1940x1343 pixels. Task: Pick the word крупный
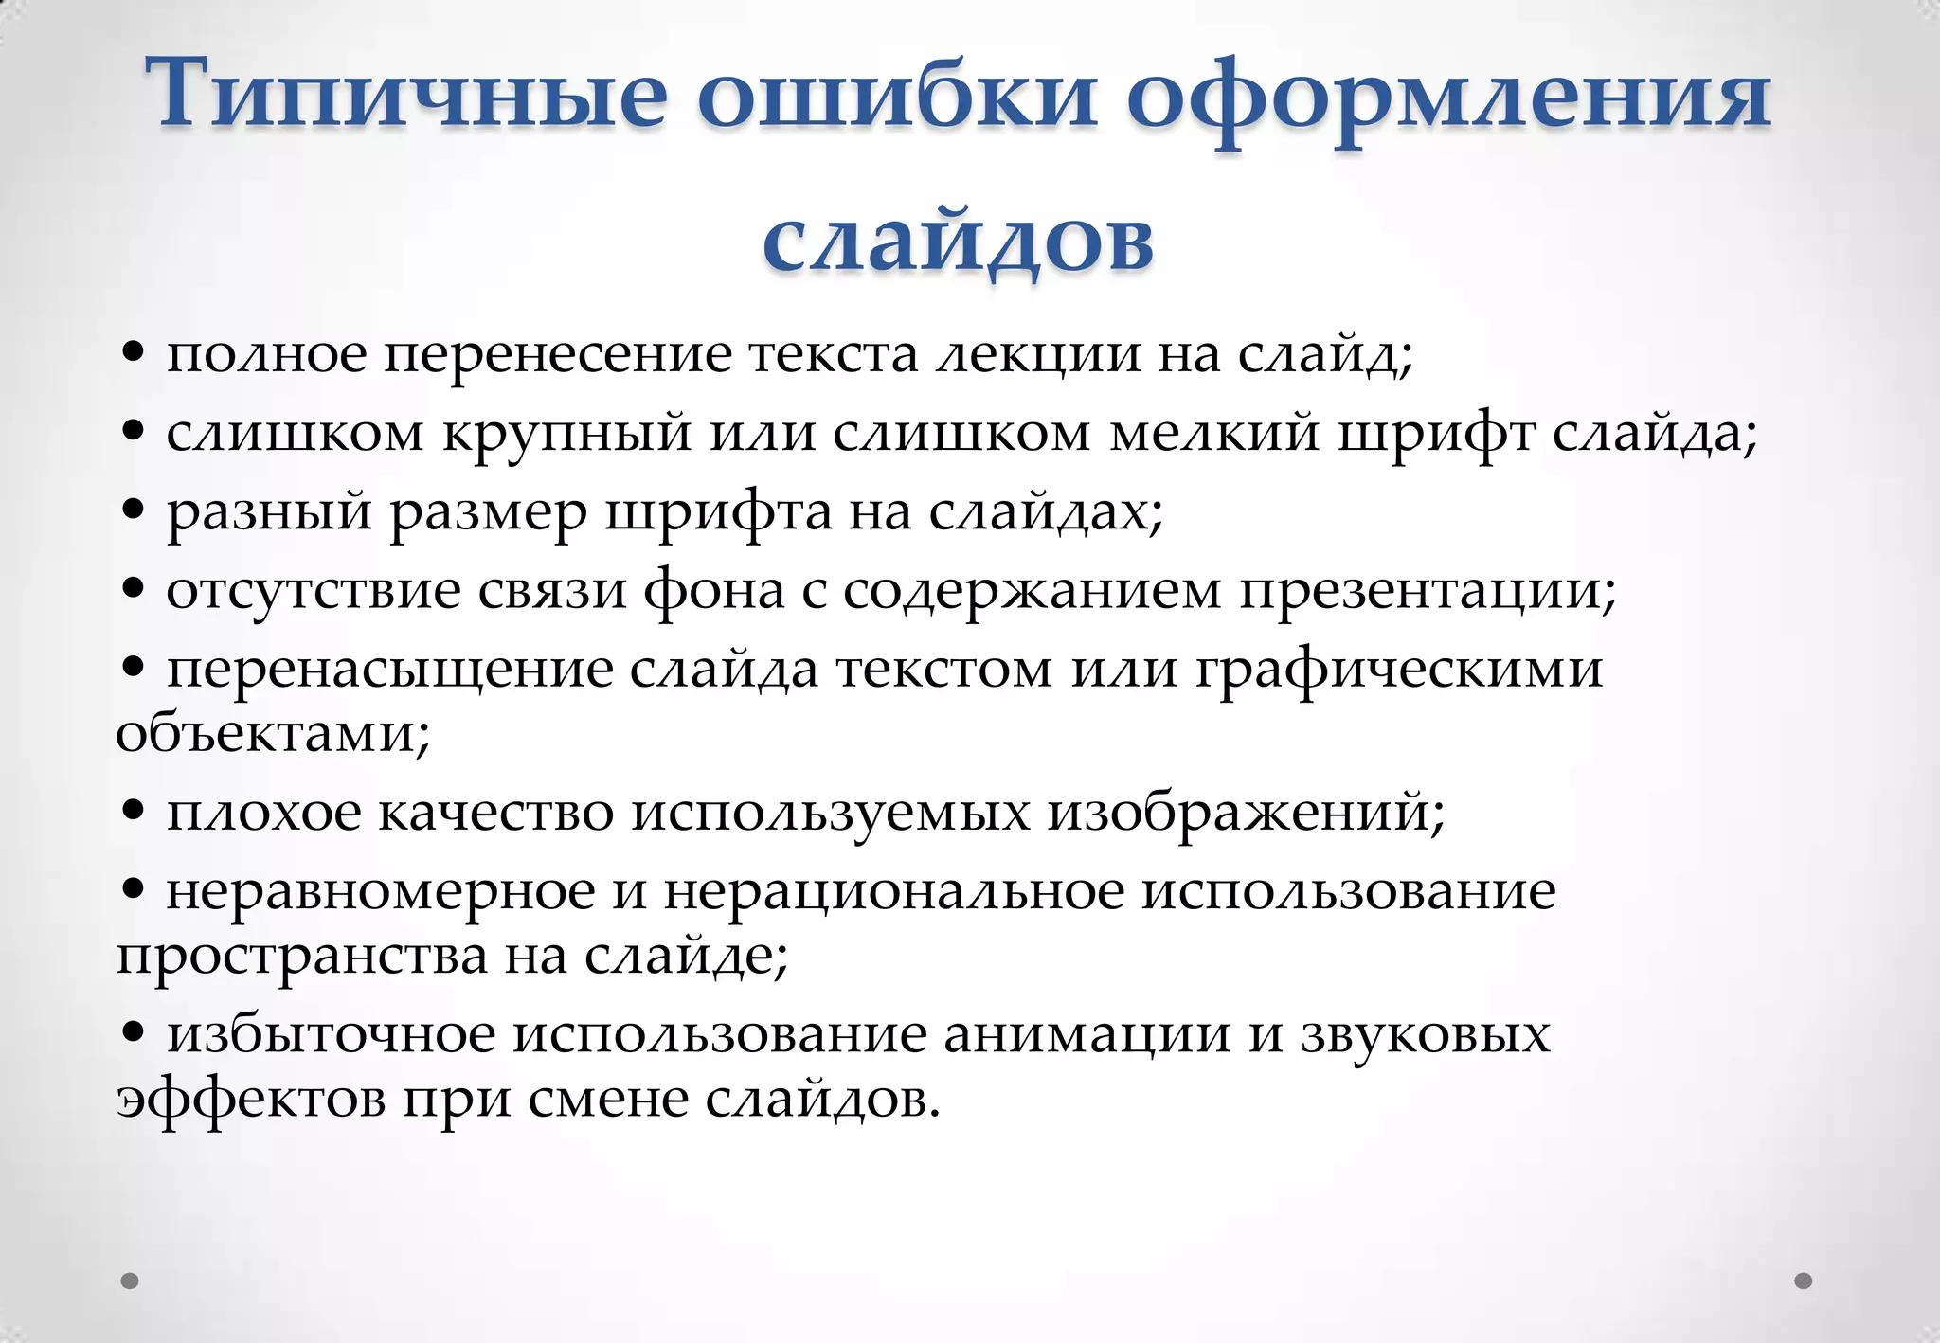(567, 434)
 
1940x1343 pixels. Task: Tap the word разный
(270, 512)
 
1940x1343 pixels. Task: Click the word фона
(714, 591)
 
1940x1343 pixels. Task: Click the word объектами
(273, 732)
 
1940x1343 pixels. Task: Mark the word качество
(496, 812)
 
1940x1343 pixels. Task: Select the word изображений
(1246, 812)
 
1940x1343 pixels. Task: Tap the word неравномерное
(381, 890)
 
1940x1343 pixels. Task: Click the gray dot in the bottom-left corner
(130, 1280)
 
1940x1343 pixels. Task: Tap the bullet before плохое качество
(134, 811)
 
